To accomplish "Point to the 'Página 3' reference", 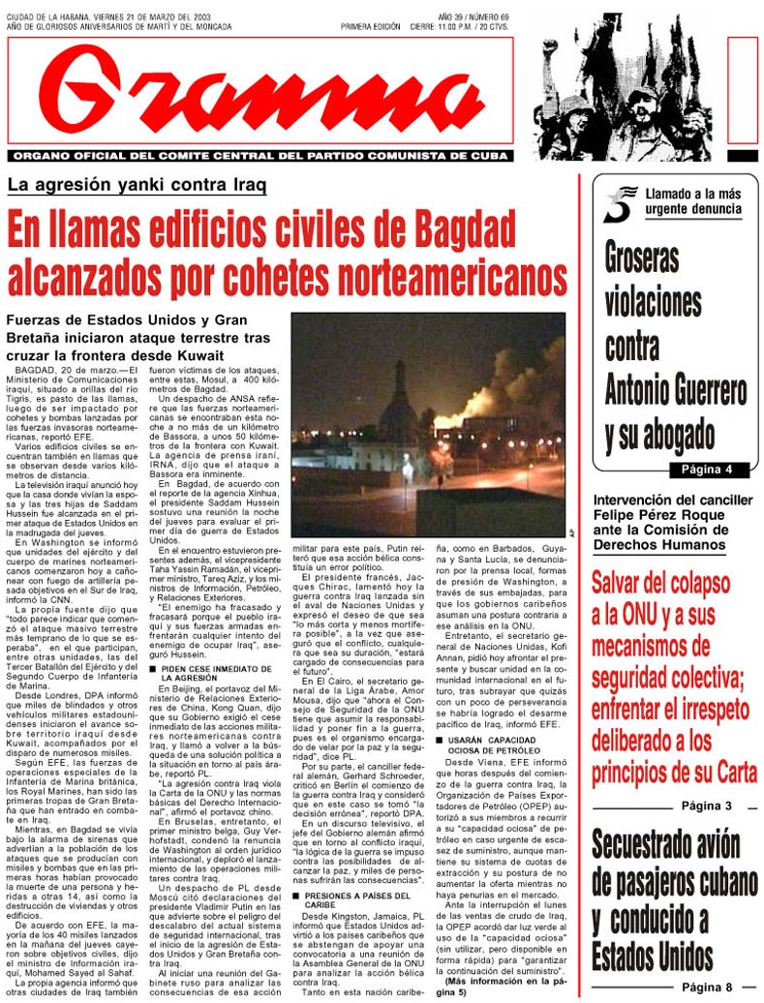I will coord(706,805).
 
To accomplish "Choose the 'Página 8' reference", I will coord(706,987).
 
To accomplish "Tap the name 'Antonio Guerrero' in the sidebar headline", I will coord(675,390).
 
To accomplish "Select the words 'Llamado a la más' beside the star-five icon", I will coord(688,195).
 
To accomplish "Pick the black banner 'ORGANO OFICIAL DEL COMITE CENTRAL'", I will coord(261,154).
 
